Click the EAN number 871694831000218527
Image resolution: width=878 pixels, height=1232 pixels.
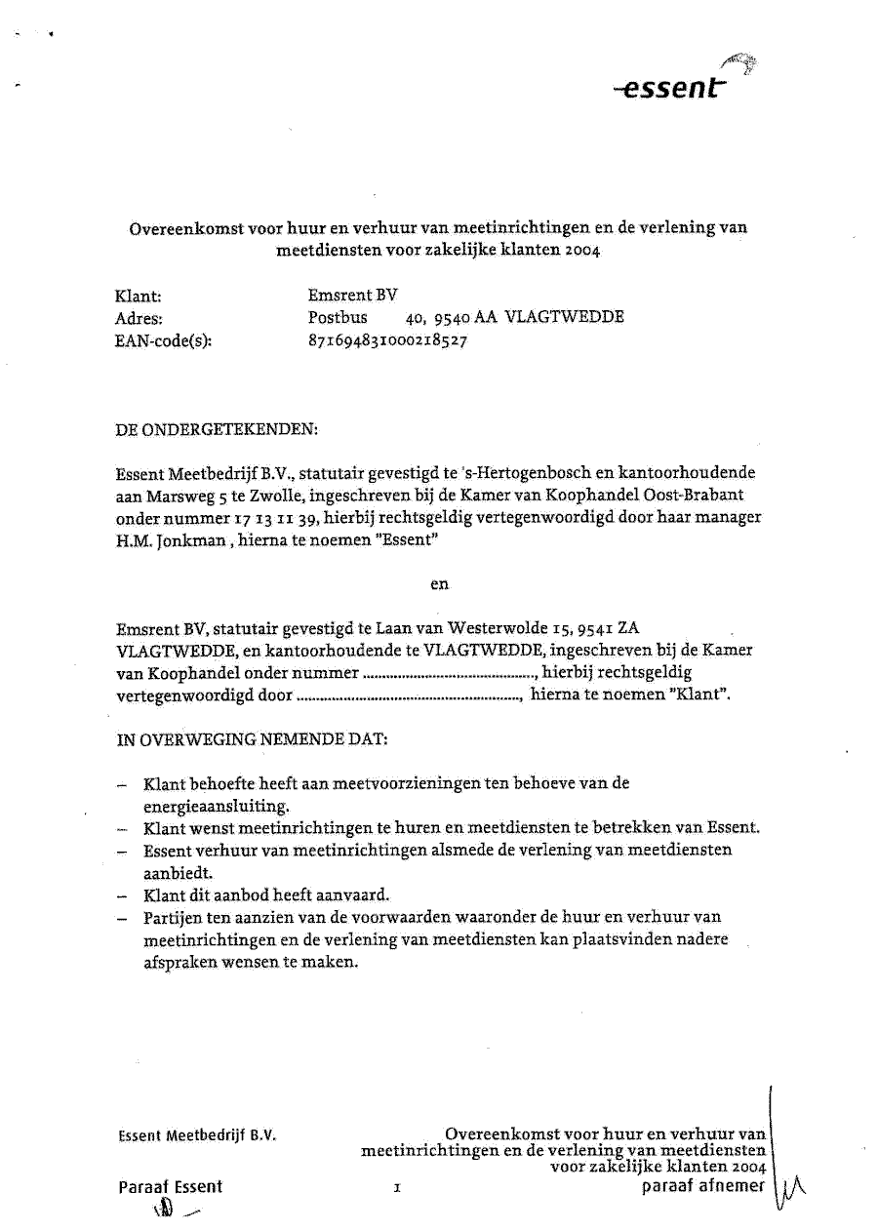point(386,340)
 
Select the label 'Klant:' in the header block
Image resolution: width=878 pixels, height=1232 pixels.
point(138,296)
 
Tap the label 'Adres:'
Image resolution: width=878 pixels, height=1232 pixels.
point(140,318)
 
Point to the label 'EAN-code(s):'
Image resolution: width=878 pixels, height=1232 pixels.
point(163,341)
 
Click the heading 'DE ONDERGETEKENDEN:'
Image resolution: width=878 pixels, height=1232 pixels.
point(217,429)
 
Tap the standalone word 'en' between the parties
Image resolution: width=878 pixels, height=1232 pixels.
point(439,583)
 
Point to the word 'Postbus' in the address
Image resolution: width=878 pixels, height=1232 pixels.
point(338,318)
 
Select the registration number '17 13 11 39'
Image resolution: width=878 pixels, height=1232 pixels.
point(248,518)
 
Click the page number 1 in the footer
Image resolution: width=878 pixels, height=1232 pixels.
point(397,1189)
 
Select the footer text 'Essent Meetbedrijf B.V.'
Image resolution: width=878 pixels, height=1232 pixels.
point(197,1136)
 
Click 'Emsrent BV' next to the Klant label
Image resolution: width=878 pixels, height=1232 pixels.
point(352,295)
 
